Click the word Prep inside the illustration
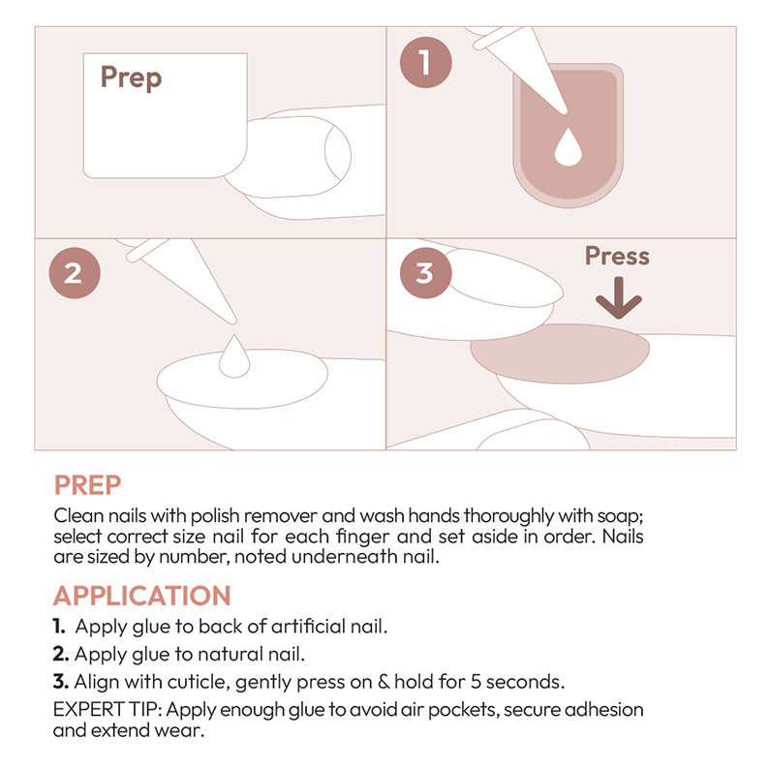click(131, 77)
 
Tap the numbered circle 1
click(425, 62)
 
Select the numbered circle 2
click(75, 273)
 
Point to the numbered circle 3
click(425, 273)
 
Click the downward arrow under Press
click(619, 297)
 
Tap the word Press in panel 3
click(617, 256)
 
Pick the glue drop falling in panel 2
click(234, 356)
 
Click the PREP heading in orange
click(87, 485)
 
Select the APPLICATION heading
click(141, 596)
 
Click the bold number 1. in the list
click(59, 627)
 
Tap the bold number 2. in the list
click(61, 655)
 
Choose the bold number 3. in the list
click(61, 682)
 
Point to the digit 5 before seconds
click(476, 682)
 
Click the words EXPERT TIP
click(108, 709)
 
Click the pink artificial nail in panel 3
click(560, 354)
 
